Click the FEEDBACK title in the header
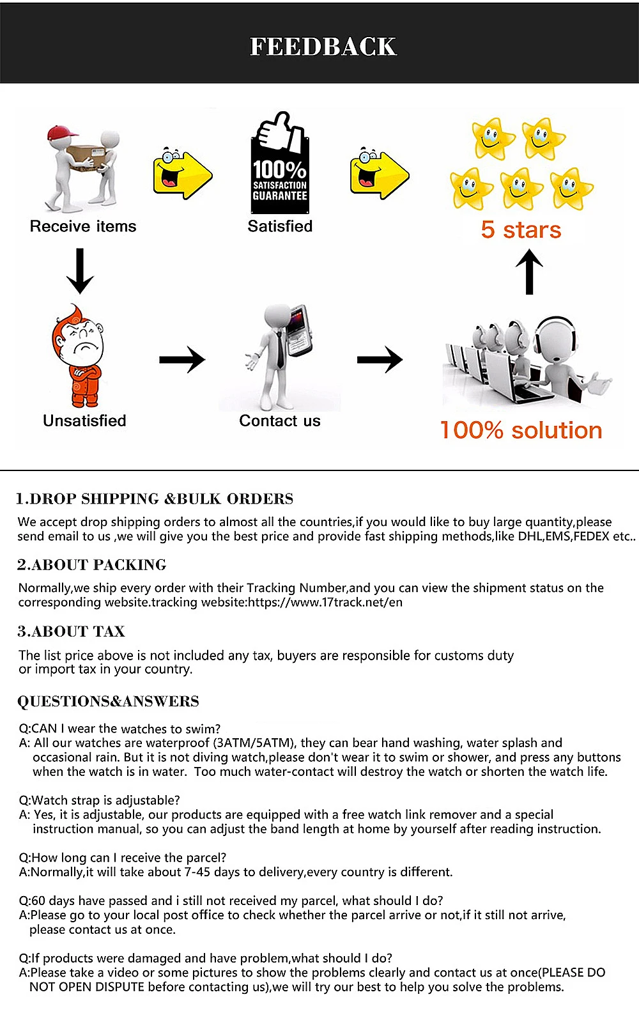click(x=323, y=47)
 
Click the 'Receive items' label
click(x=83, y=226)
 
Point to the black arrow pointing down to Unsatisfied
click(x=80, y=271)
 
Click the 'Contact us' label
click(x=280, y=421)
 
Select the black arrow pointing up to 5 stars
click(x=529, y=271)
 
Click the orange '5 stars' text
click(x=521, y=229)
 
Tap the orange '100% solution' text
click(x=521, y=430)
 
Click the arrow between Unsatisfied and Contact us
click(x=182, y=360)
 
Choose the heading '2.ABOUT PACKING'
click(x=91, y=565)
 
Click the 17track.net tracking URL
click(x=325, y=602)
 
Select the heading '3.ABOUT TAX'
click(x=71, y=631)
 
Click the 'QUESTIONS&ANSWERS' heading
click(x=108, y=701)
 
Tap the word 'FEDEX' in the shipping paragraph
click(x=591, y=536)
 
